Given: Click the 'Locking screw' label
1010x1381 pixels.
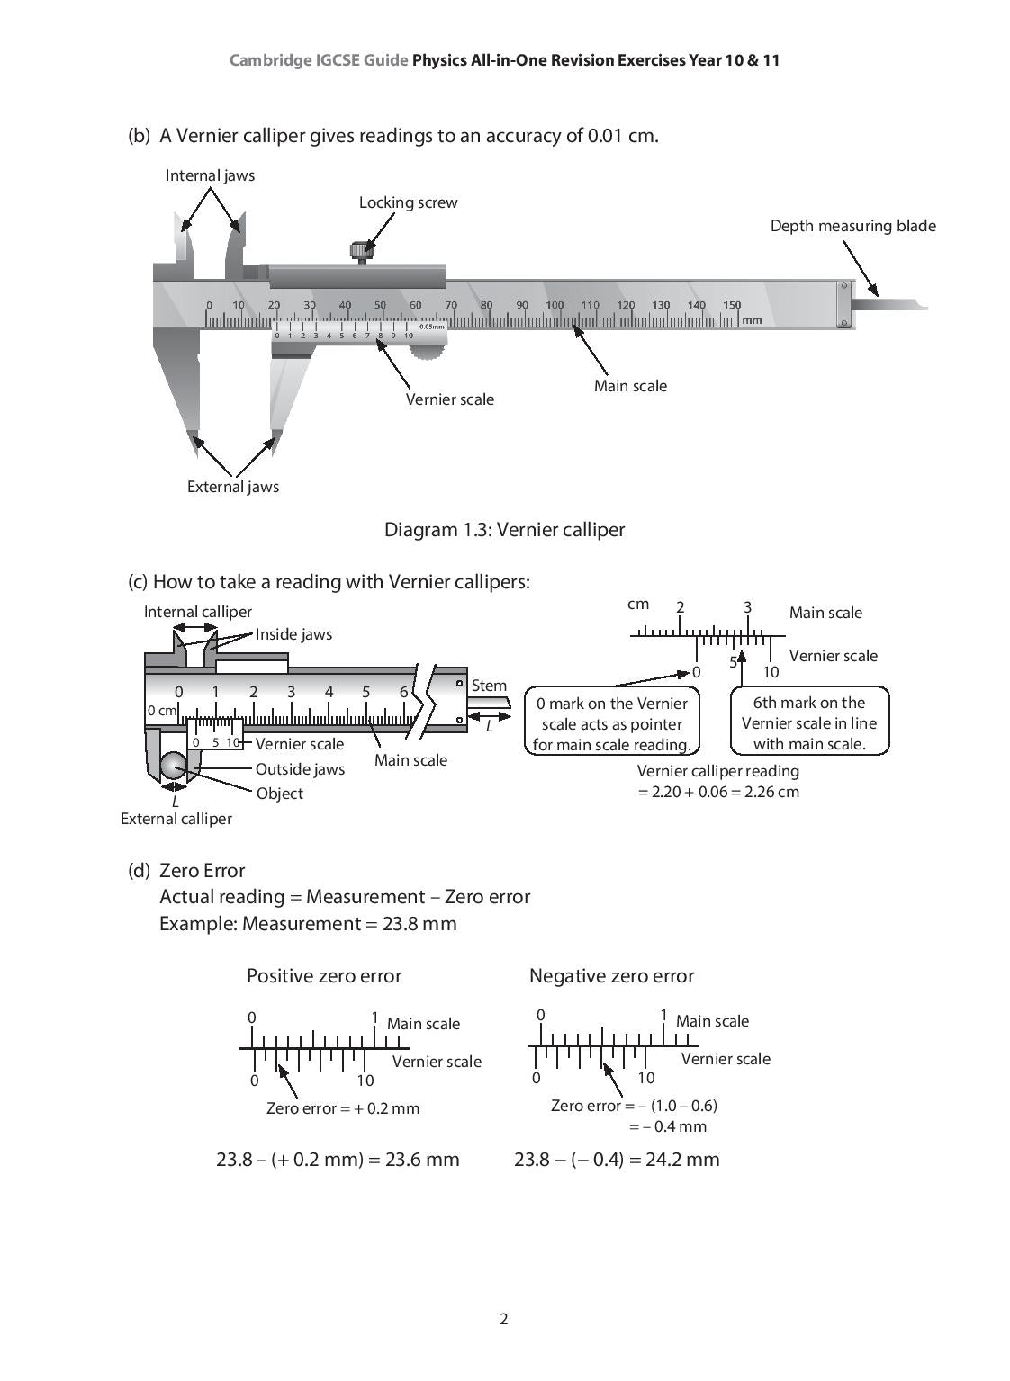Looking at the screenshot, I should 408,202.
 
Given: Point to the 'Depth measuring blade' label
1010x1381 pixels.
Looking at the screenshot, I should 852,226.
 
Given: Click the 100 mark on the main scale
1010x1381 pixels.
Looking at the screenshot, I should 555,306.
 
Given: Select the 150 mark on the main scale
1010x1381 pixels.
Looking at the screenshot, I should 731,306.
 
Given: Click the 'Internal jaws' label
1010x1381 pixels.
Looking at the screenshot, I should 210,175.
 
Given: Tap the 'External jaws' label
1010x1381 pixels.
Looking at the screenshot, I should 232,487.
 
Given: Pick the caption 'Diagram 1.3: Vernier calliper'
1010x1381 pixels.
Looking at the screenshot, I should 504,529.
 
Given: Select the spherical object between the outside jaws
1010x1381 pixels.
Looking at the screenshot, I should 173,767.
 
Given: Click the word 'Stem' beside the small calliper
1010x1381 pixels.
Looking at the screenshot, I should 489,686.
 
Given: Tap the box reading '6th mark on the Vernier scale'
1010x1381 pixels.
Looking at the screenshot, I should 808,722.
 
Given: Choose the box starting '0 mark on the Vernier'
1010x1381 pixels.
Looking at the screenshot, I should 611,723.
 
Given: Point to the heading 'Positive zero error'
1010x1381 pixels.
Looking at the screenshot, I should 324,976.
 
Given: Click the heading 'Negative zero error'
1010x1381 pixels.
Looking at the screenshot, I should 611,976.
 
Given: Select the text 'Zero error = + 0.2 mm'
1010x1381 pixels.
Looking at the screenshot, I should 343,1108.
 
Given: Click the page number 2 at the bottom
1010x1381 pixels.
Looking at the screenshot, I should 504,1319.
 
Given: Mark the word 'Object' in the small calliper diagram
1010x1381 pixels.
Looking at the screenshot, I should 279,794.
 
